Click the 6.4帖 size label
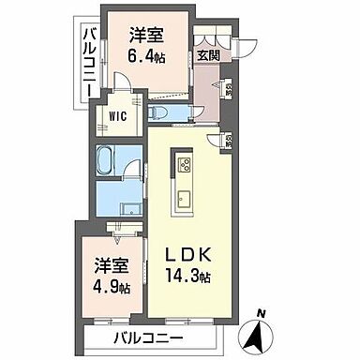coord(146,54)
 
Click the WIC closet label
coord(118,116)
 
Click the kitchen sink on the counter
coord(183,198)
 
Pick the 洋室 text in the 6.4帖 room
coord(146,35)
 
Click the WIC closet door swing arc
coord(124,93)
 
